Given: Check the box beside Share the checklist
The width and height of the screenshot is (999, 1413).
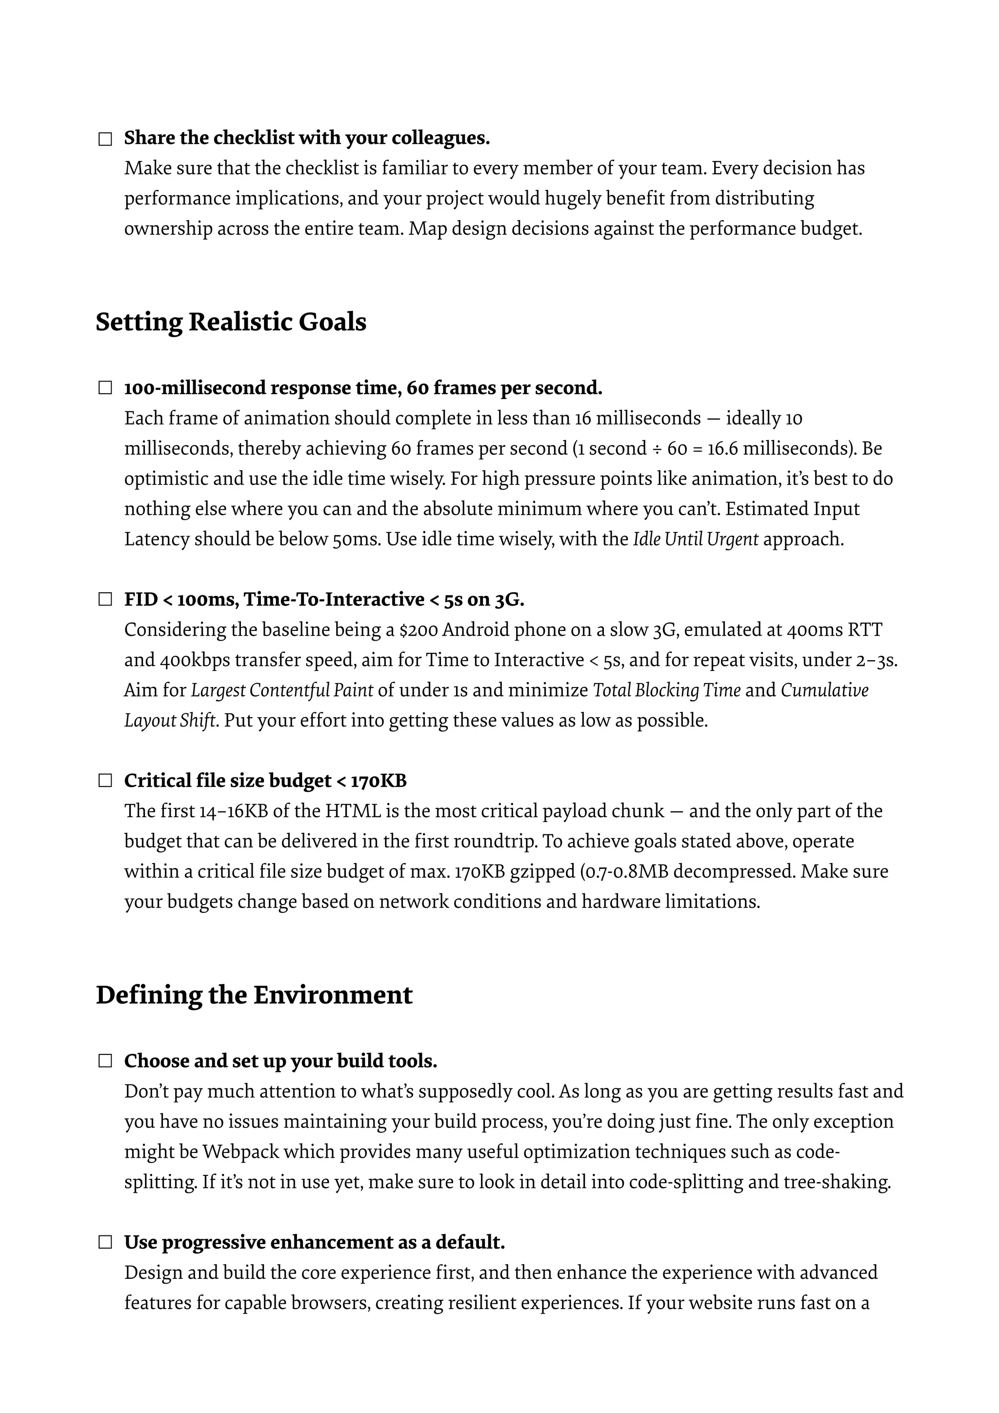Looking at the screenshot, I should coord(105,139).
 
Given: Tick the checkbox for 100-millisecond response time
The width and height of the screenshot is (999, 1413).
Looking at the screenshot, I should coord(105,388).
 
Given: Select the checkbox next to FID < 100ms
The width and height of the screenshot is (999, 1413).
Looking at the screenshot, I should coord(105,600).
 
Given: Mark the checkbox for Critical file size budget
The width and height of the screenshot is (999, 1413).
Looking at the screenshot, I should coord(105,781).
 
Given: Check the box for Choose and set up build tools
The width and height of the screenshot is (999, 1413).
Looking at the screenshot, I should coord(105,1061).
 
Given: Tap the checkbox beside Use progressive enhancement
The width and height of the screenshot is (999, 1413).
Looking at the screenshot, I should coord(105,1243).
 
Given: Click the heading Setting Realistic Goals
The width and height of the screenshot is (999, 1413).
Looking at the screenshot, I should coord(231,322).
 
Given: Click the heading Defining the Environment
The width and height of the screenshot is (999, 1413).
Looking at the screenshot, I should coord(254,995).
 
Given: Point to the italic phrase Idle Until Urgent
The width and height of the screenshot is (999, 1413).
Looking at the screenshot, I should coord(695,539).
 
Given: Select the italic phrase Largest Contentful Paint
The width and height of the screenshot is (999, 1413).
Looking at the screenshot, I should coord(282,690).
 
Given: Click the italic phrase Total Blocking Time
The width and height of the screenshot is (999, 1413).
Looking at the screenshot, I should coord(666,690).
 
